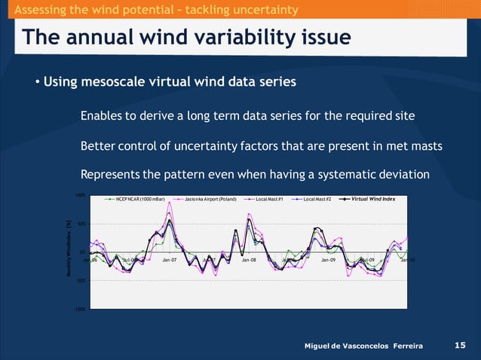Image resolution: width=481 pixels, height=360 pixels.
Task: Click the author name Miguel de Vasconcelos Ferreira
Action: coord(363,346)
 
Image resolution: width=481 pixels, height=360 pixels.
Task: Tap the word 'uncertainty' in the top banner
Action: coord(256,9)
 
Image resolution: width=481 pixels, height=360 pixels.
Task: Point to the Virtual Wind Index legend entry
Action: coord(372,199)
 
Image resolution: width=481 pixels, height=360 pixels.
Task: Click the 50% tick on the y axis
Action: coord(80,224)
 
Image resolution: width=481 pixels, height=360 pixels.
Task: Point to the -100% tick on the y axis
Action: coord(79,309)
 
